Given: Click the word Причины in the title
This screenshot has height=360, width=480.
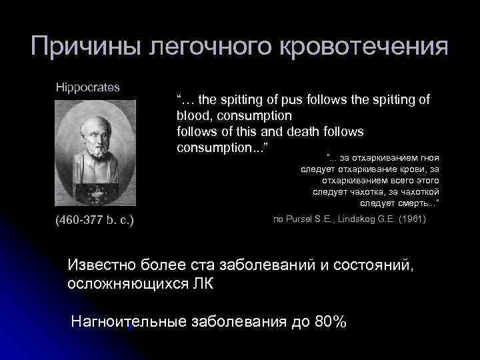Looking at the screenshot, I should coord(87,47).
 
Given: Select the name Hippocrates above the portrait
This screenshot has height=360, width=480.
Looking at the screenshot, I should coord(88,87).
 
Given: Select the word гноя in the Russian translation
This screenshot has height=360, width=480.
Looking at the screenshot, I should coord(427,157).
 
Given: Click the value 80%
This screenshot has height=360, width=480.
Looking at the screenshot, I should coord(331,322).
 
